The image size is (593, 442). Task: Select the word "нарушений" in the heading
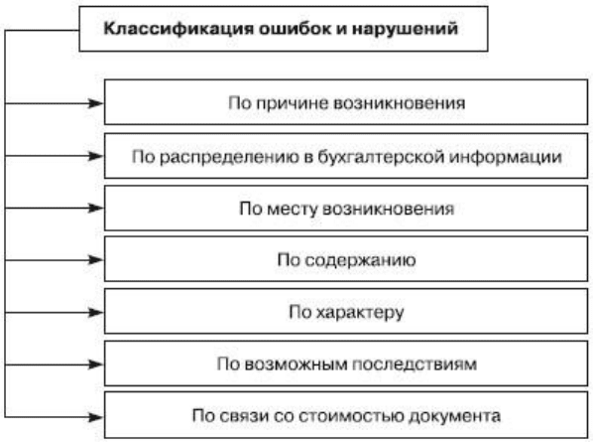[x=405, y=29]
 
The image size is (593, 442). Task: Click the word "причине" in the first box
[x=293, y=103]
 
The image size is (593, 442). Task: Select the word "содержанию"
[x=360, y=260]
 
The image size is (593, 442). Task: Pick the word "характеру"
[x=360, y=313]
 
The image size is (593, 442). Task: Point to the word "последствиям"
[x=415, y=365]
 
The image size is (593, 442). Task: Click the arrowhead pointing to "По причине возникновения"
[x=95, y=103]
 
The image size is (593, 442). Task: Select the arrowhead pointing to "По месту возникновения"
[x=95, y=208]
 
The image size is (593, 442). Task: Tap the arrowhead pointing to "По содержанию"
[x=95, y=260]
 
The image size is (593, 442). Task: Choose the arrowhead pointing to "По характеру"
[x=95, y=313]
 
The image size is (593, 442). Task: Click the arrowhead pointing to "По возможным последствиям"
[x=95, y=365]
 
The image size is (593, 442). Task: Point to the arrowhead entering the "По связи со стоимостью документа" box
[x=95, y=417]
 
